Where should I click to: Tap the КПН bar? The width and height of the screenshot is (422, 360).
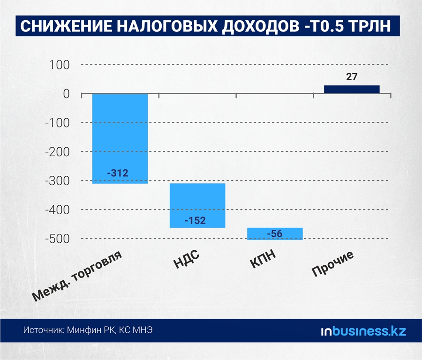(x=275, y=233)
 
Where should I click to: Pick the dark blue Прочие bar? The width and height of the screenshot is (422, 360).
(x=352, y=89)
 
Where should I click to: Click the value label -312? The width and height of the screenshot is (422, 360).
(x=117, y=173)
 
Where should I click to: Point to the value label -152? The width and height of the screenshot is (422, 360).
(x=195, y=220)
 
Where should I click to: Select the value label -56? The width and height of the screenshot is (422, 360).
(x=275, y=233)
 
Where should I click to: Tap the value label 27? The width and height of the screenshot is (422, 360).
(x=352, y=77)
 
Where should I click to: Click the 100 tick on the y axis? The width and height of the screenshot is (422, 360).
(x=60, y=65)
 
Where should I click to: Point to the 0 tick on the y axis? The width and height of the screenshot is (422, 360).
(x=66, y=94)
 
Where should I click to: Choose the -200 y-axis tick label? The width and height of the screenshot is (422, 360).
(x=56, y=152)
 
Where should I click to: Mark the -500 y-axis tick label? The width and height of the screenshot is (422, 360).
(x=56, y=239)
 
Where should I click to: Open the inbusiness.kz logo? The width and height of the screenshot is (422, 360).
(x=363, y=331)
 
